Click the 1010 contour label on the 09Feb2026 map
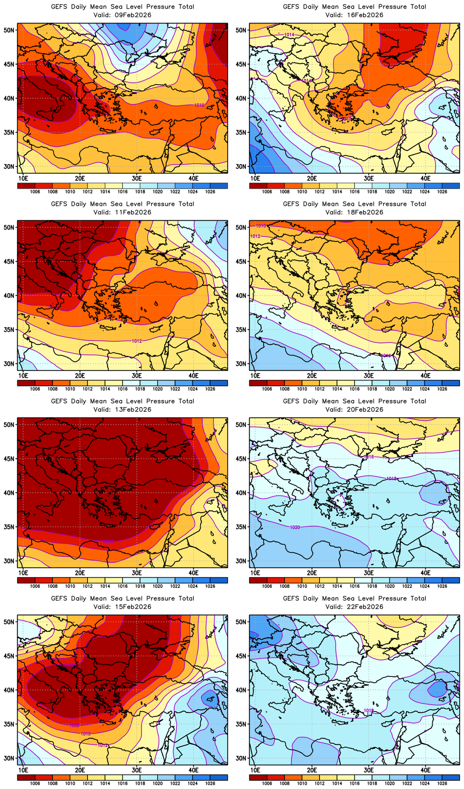(x=199, y=105)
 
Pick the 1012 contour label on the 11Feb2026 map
(x=137, y=341)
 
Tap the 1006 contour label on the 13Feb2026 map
(x=109, y=542)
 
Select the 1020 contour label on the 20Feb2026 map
(x=295, y=527)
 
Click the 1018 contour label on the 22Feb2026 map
(x=369, y=711)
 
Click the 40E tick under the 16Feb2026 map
(x=425, y=178)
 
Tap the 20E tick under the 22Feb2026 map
(x=312, y=770)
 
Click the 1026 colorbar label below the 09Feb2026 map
(x=210, y=191)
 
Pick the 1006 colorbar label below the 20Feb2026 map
(x=267, y=586)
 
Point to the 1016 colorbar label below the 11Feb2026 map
(x=122, y=389)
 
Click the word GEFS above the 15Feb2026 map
(x=59, y=598)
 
